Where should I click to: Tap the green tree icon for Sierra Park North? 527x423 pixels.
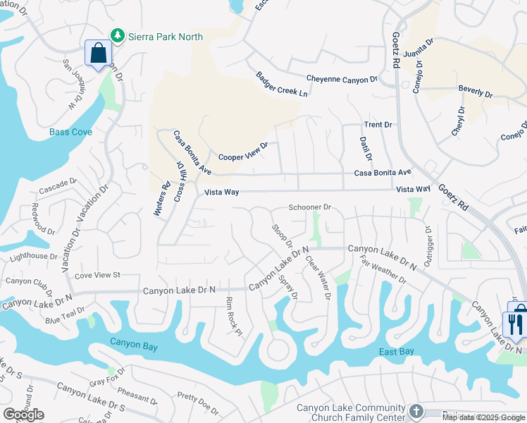[x=118, y=36]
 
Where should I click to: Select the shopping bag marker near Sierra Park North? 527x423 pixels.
[x=97, y=53]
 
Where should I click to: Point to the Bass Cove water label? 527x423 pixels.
[x=70, y=132]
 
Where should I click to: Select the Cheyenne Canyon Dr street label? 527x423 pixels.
[x=342, y=80]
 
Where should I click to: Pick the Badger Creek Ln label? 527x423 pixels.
[x=282, y=85]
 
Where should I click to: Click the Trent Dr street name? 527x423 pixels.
[x=378, y=125]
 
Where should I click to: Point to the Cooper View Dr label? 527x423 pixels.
[x=244, y=152]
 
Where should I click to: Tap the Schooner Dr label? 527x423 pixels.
[x=310, y=207]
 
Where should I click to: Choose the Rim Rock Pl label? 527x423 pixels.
[x=233, y=315]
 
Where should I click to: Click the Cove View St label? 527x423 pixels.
[x=98, y=275]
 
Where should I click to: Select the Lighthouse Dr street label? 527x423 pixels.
[x=34, y=257]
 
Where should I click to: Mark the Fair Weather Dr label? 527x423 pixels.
[x=383, y=270]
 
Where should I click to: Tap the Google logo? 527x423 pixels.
[x=23, y=414]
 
